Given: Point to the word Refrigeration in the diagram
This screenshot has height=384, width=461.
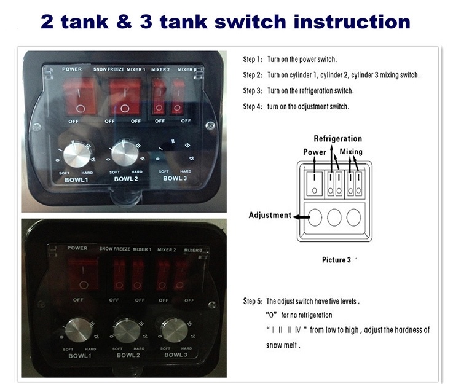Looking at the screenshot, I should tap(337, 139).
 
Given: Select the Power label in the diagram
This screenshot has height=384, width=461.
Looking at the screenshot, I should tap(315, 152).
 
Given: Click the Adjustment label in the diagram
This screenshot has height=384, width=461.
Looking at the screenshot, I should tap(270, 216).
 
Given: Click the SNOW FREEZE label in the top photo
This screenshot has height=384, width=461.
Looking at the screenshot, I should tap(109, 69).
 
